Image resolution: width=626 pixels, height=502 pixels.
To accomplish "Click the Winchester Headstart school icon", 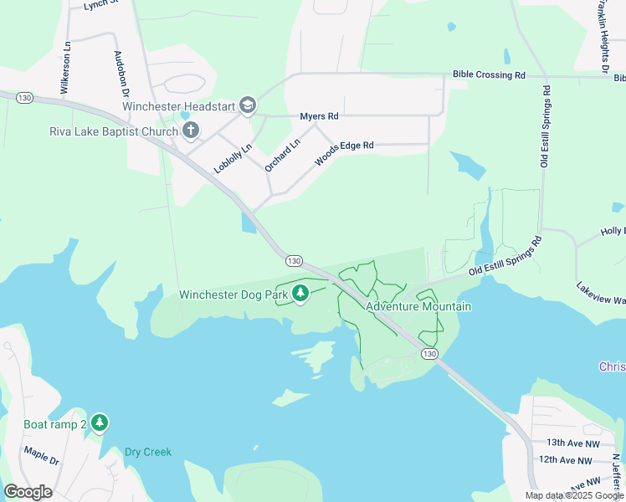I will pyautogui.click(x=248, y=105).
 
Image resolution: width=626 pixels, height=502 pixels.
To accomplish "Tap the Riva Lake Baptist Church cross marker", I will pyautogui.click(x=191, y=131).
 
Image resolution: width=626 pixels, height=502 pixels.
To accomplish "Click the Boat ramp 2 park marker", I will pyautogui.click(x=100, y=424).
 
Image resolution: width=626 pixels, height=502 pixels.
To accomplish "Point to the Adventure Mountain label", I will pyautogui.click(x=418, y=306).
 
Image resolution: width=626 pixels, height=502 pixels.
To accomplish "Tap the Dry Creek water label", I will pyautogui.click(x=148, y=452).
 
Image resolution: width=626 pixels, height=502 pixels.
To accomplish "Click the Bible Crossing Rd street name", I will pyautogui.click(x=489, y=75).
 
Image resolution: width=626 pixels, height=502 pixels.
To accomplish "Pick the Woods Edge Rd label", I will pyautogui.click(x=343, y=152).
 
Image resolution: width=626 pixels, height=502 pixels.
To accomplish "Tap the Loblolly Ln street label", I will pyautogui.click(x=233, y=157).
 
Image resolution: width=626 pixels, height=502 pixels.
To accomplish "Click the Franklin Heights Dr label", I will pyautogui.click(x=602, y=33).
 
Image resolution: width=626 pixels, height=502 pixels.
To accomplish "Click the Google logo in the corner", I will pyautogui.click(x=28, y=492).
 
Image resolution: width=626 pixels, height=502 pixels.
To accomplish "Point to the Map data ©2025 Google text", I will pyautogui.click(x=574, y=495).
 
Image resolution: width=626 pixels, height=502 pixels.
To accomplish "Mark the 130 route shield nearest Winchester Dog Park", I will pyautogui.click(x=293, y=261).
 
